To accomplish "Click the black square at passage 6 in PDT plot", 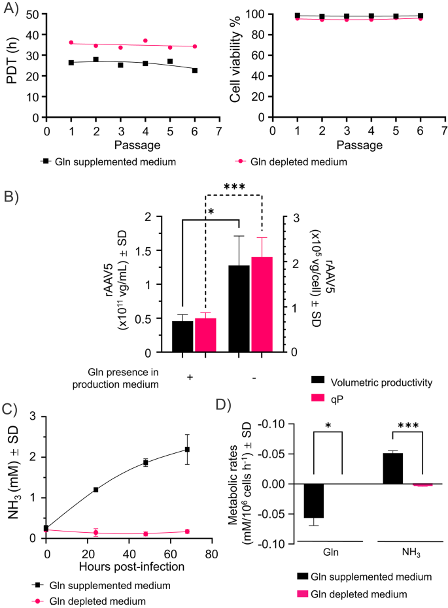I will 195,70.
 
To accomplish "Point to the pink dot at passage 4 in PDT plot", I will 145,41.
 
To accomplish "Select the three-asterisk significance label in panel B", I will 234,187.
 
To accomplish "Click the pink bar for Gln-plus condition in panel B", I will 205,335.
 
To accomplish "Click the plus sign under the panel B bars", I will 190,378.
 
